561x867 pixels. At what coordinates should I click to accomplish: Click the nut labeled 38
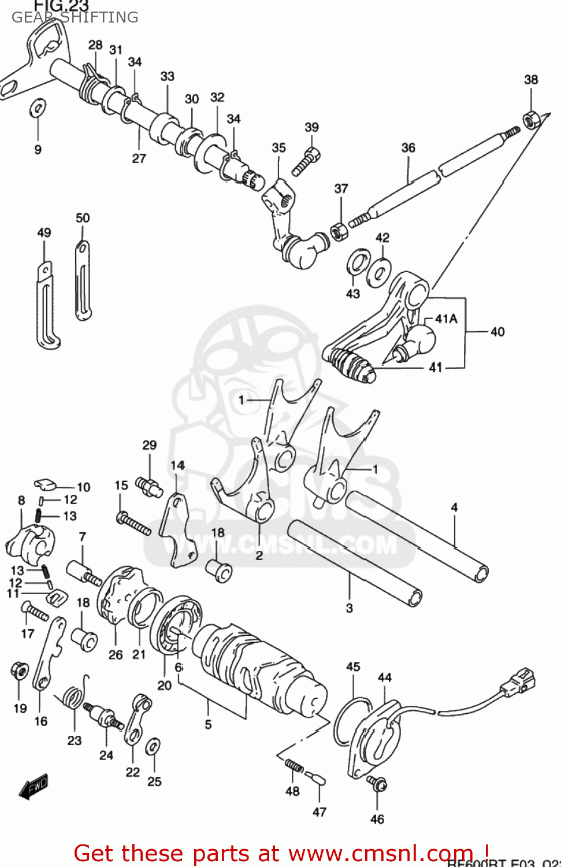pyautogui.click(x=531, y=119)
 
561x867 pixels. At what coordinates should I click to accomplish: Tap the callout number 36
pyautogui.click(x=408, y=148)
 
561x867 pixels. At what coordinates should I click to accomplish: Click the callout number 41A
pyautogui.click(x=445, y=318)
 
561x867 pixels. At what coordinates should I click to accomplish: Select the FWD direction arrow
pyautogui.click(x=34, y=787)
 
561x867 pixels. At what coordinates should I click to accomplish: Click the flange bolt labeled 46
pyautogui.click(x=377, y=784)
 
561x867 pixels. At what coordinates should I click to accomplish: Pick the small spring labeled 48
pyautogui.click(x=293, y=766)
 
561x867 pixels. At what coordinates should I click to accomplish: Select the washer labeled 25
pyautogui.click(x=153, y=746)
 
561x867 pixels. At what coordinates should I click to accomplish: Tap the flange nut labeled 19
pyautogui.click(x=20, y=671)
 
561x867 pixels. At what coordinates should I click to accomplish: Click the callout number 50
pyautogui.click(x=83, y=218)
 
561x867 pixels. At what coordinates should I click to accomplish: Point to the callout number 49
pyautogui.click(x=44, y=232)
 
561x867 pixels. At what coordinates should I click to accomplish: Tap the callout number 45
pyautogui.click(x=353, y=666)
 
